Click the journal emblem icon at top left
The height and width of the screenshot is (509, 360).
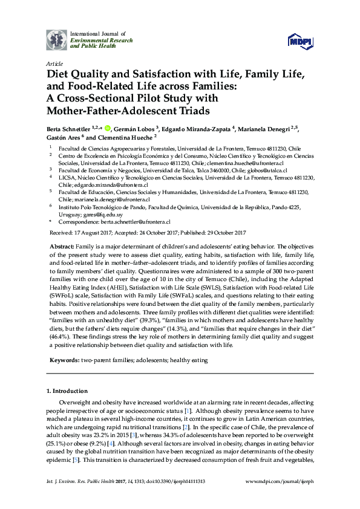(56, 41)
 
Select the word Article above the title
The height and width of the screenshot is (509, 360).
(54, 63)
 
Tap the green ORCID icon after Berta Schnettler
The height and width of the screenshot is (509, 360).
(108, 128)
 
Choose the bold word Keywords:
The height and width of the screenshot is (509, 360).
(64, 360)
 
